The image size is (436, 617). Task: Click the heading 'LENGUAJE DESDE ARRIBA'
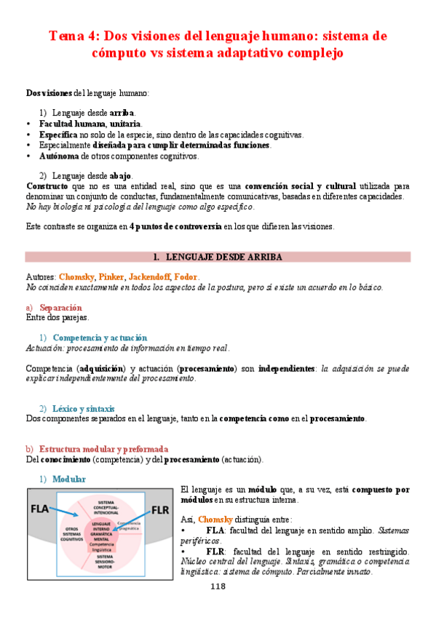[223, 256]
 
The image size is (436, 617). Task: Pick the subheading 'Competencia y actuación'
[100, 338]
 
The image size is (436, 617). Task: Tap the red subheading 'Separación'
[60, 307]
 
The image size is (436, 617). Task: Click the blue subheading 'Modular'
[69, 479]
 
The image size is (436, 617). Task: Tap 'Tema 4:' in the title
[74, 36]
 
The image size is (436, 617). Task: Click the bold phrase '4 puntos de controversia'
[175, 226]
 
